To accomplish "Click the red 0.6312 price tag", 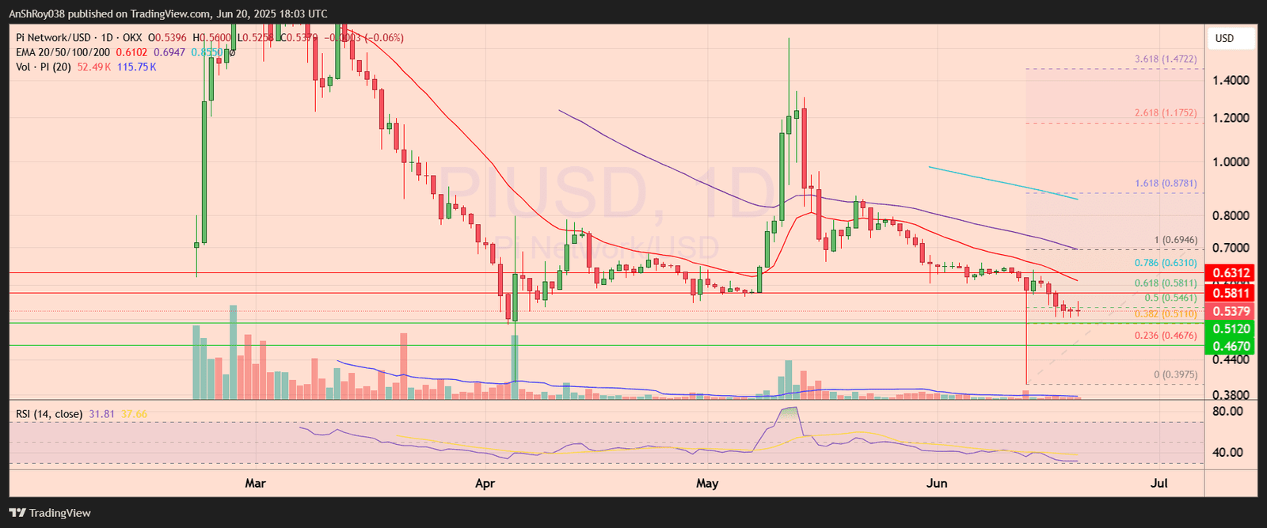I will (1231, 274).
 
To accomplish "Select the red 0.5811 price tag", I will (1231, 294).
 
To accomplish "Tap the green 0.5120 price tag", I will (1231, 329).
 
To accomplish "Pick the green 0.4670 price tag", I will (1231, 346).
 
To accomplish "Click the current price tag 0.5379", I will (1231, 312).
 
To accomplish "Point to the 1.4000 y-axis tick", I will (1231, 80).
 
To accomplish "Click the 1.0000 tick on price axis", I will (1231, 162).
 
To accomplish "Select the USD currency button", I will (1225, 38).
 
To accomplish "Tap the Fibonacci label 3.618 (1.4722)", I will (1166, 59).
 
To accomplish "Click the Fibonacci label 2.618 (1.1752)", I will (1166, 113).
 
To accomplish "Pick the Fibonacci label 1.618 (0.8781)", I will (1166, 183).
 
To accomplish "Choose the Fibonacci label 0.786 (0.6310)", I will (1166, 263).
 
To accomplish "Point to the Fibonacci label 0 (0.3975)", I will (1175, 374).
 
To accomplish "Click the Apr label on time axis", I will (485, 483).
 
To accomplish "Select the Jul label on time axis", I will (1159, 483).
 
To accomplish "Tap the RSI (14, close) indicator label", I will (49, 414).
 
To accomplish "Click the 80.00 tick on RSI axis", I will (1227, 412).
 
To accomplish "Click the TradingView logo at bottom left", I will (51, 513).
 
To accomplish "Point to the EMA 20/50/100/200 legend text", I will (63, 52).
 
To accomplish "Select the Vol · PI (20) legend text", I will (44, 67).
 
